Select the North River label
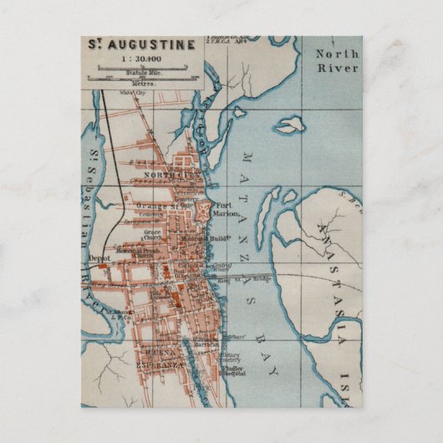(337, 61)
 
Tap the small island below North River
(289, 125)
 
